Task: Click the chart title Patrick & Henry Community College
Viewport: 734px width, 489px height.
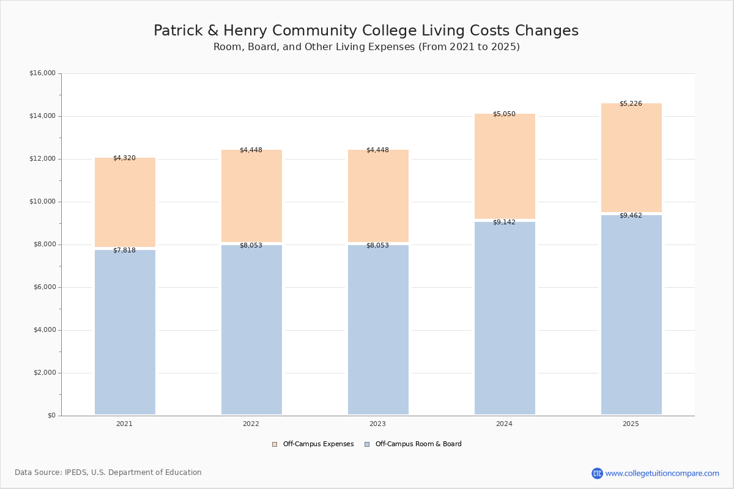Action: tap(366, 31)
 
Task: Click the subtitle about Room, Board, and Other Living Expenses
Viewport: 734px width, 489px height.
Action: tap(366, 47)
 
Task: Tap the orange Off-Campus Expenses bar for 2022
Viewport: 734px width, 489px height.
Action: tap(251, 196)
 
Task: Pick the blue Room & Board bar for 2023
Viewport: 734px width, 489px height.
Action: tap(378, 330)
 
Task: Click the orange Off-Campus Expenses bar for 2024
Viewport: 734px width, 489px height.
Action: tap(505, 166)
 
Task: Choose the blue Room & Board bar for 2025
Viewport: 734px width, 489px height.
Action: tap(631, 315)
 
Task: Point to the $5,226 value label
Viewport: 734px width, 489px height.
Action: tap(631, 104)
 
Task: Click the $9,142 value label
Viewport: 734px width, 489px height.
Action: tap(504, 222)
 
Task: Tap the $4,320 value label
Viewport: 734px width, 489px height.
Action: tap(124, 158)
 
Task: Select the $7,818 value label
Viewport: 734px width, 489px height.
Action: tap(124, 251)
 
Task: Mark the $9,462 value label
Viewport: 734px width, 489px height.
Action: tap(631, 216)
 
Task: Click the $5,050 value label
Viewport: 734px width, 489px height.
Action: tap(504, 114)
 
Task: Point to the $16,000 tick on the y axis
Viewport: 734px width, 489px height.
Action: tap(42, 73)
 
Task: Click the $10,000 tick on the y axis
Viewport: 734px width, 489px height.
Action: tap(42, 202)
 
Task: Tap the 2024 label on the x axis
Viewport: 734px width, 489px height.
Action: tap(504, 424)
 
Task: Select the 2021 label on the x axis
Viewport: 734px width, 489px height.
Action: tap(124, 424)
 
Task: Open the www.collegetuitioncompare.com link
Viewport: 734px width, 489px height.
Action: tap(662, 473)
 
